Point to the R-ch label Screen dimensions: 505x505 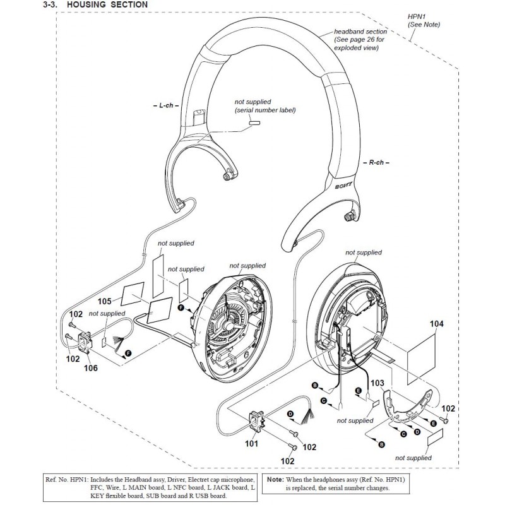(376, 163)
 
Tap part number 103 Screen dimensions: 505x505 (377, 383)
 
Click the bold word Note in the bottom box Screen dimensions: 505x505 (275, 480)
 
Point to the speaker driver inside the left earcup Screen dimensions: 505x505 (230, 315)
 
